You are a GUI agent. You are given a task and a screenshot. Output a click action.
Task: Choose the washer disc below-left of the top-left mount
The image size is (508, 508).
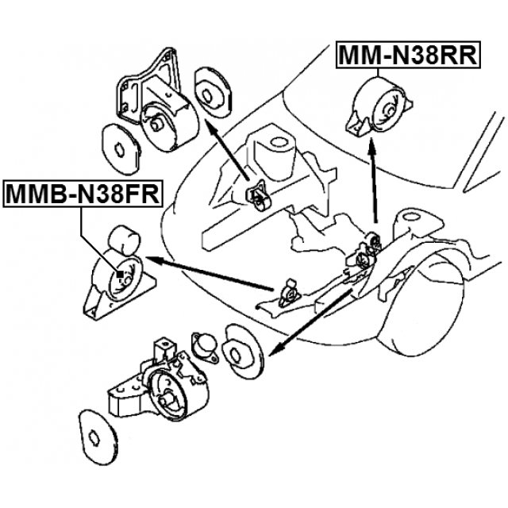coord(121,146)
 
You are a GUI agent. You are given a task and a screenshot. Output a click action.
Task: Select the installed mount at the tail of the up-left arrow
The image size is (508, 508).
coord(258,196)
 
